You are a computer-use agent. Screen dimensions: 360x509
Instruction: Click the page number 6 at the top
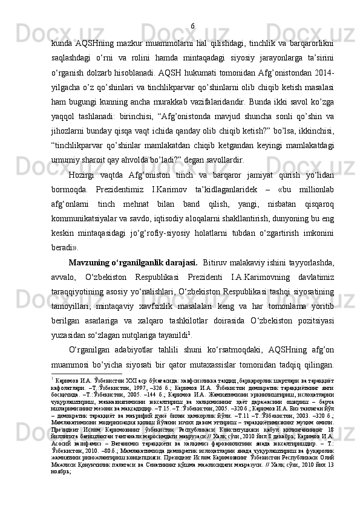tap(192, 8)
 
